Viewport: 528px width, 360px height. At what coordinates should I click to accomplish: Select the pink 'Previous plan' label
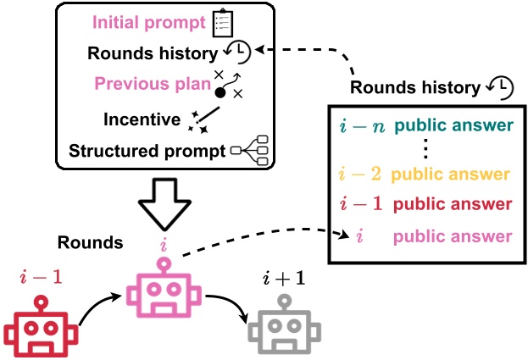click(x=150, y=85)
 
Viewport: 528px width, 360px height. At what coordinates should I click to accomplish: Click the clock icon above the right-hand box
click(x=501, y=88)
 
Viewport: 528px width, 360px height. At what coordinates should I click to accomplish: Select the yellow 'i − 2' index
click(x=362, y=177)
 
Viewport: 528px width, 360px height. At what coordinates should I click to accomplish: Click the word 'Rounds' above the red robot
click(x=90, y=243)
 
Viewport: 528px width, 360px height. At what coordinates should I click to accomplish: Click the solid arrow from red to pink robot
click(x=93, y=309)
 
